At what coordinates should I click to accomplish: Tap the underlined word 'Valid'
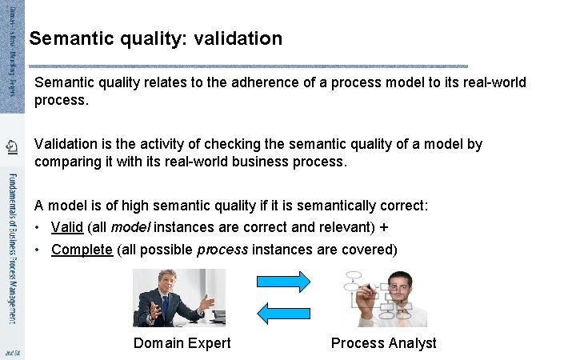click(x=66, y=227)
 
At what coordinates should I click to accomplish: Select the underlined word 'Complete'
click(x=82, y=250)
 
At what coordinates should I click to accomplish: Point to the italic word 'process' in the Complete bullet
click(x=222, y=250)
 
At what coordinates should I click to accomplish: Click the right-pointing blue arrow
click(x=283, y=282)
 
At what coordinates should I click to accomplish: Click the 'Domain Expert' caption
click(x=182, y=343)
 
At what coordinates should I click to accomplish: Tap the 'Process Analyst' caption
click(x=383, y=343)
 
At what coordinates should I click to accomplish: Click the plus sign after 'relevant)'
click(x=384, y=227)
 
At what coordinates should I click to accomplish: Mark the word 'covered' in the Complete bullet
click(x=366, y=250)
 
